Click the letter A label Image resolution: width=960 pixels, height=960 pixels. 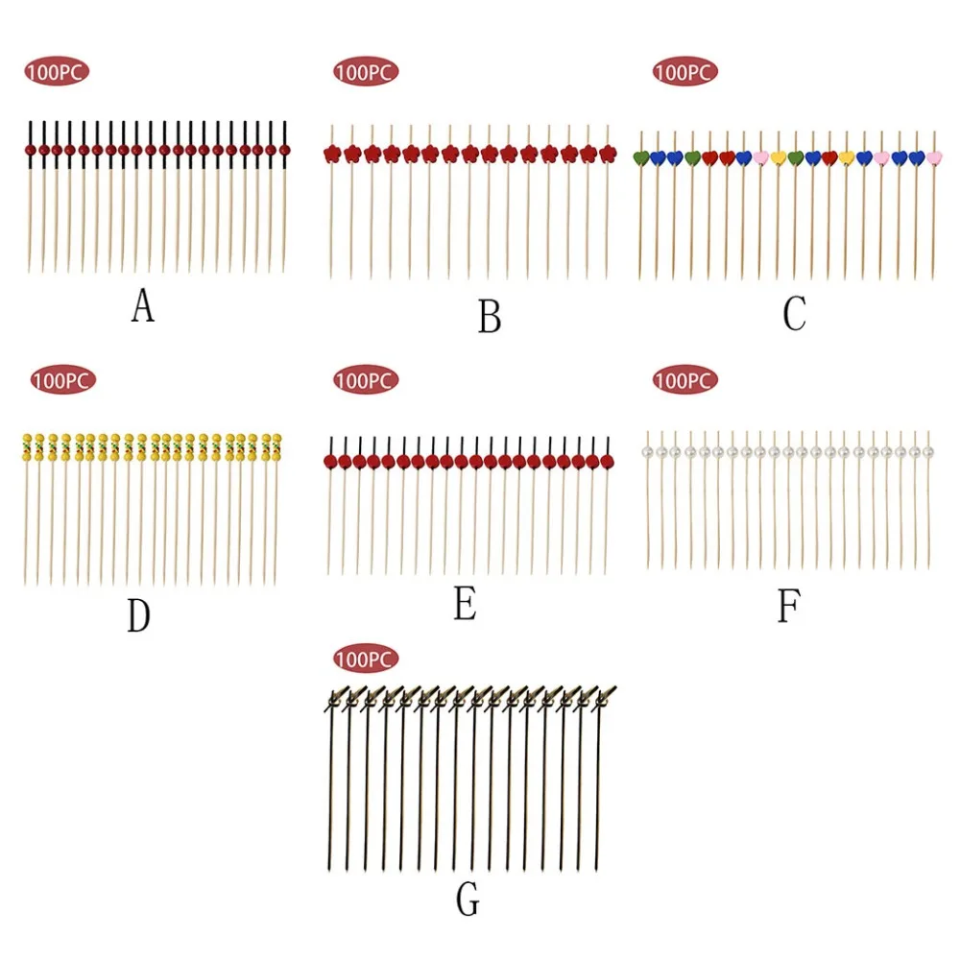[143, 305]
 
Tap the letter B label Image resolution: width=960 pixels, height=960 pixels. [490, 317]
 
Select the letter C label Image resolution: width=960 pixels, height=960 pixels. [795, 313]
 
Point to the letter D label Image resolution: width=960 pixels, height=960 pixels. [138, 615]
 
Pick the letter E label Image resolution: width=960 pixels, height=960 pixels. [465, 603]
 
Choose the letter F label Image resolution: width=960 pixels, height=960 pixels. [788, 606]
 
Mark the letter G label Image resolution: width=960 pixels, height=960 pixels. [468, 899]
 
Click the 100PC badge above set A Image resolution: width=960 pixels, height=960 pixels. [57, 72]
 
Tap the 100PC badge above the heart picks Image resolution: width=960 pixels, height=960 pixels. [684, 72]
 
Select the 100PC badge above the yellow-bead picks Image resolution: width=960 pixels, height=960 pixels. [63, 380]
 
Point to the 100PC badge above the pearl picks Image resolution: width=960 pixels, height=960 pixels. [684, 380]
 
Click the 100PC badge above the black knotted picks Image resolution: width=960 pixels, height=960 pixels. [366, 659]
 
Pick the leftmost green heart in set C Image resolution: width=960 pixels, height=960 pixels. [641, 158]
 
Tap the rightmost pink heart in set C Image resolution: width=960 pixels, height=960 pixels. [934, 158]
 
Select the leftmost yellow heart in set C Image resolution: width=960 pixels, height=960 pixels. [779, 158]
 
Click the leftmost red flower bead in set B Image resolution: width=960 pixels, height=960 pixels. [332, 154]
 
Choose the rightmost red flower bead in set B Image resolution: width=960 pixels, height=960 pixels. [608, 154]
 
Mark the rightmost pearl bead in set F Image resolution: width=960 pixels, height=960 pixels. [928, 452]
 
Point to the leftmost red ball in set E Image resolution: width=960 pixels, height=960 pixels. [330, 462]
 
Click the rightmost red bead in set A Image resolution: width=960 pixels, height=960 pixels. [285, 150]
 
